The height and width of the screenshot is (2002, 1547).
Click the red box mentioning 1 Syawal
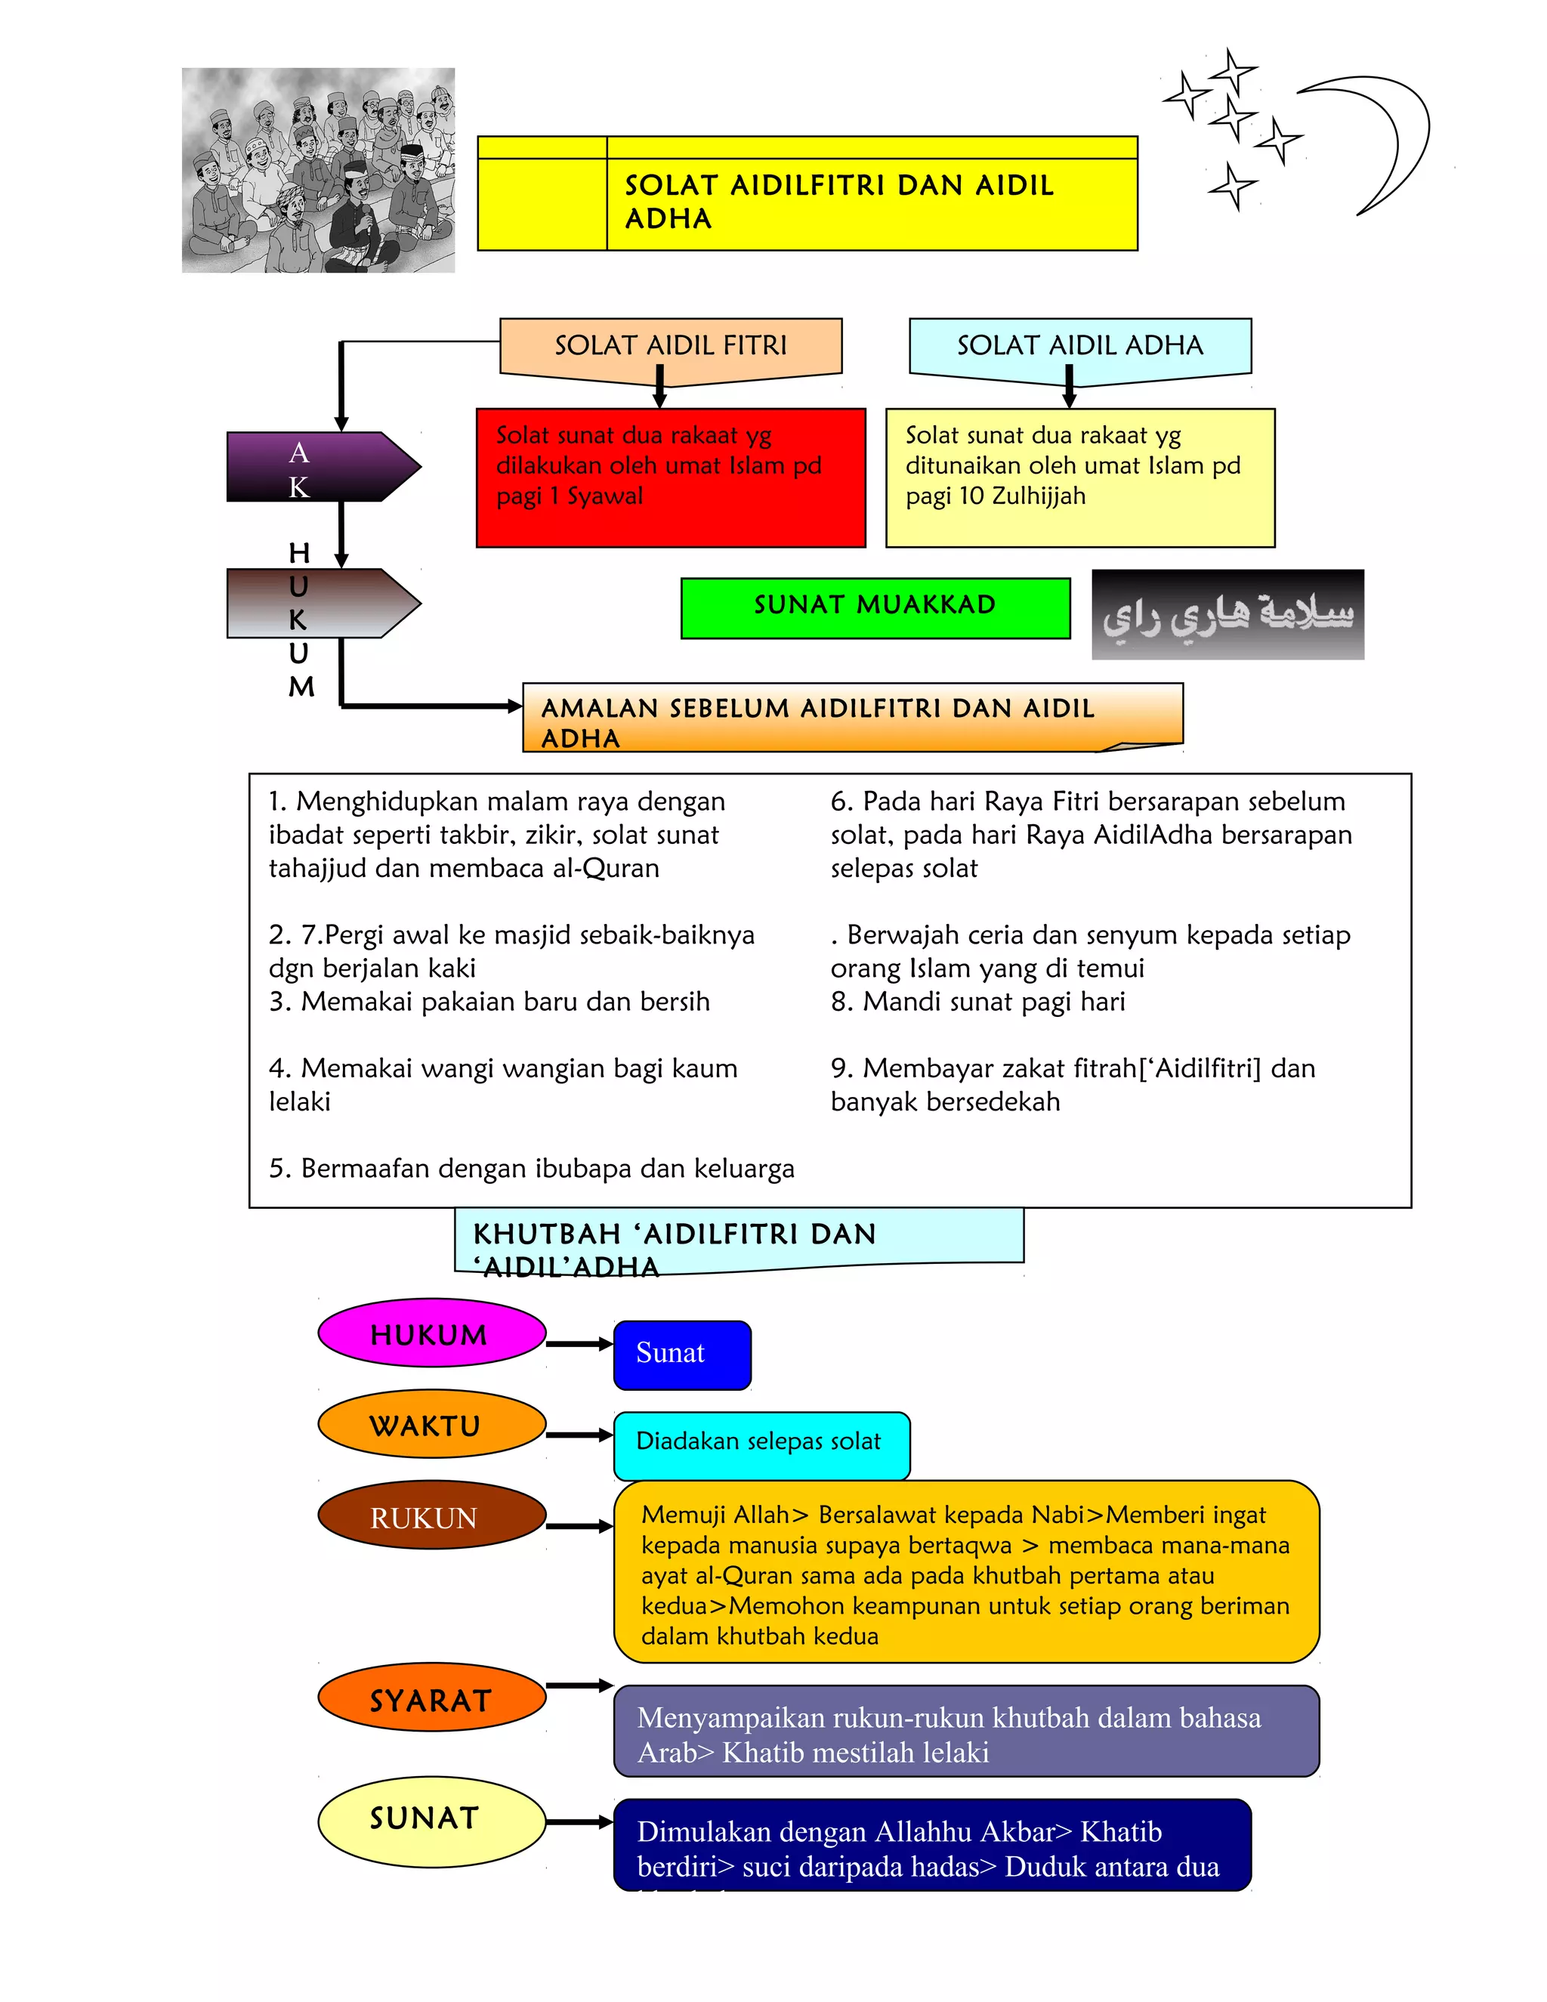tap(670, 477)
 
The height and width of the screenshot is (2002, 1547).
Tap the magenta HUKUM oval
tap(431, 1333)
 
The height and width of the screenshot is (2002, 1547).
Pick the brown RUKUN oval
tap(431, 1517)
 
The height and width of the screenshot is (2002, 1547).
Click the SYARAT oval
tap(431, 1698)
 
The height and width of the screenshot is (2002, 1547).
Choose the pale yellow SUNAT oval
tap(431, 1820)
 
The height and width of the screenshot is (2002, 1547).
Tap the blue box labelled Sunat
tap(682, 1354)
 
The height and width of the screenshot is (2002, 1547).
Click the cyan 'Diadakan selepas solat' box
tap(761, 1444)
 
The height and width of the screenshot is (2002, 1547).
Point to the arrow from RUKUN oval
tap(579, 1526)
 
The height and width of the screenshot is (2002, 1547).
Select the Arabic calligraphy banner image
tap(1227, 614)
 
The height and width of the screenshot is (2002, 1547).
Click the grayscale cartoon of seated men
tap(318, 171)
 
